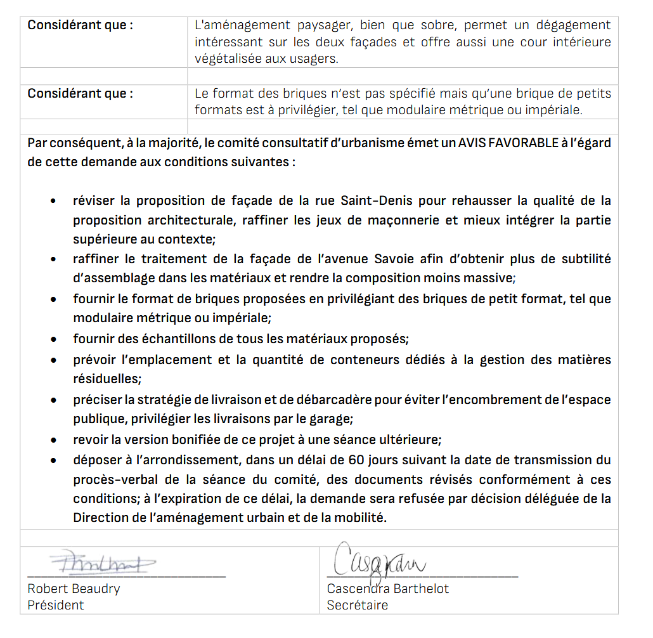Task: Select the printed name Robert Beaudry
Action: pyautogui.click(x=74, y=589)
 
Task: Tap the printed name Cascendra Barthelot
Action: pyautogui.click(x=387, y=589)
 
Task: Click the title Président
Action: pyautogui.click(x=56, y=605)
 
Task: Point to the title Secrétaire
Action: pyautogui.click(x=357, y=605)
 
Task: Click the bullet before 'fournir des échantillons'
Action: pyautogui.click(x=56, y=339)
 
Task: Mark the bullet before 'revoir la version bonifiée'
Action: pyautogui.click(x=56, y=440)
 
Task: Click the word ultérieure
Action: pyautogui.click(x=408, y=439)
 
